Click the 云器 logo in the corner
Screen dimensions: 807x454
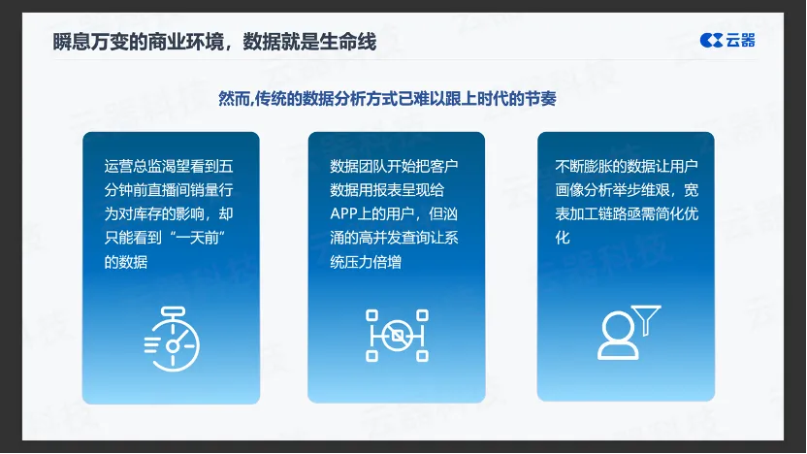pos(727,40)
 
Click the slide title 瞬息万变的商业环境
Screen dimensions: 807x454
pos(139,42)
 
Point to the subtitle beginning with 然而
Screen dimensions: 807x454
pos(387,98)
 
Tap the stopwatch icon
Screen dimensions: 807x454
pos(172,340)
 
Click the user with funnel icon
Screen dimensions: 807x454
pos(629,333)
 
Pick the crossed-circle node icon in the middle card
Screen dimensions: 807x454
pos(397,336)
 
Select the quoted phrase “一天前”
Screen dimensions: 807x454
pos(198,238)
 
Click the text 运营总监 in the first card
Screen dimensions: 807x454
pos(133,166)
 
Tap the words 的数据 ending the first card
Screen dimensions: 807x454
pos(126,262)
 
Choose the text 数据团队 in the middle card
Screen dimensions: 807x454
pos(359,166)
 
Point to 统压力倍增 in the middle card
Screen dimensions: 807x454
pos(366,262)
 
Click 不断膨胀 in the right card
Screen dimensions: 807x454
pos(584,166)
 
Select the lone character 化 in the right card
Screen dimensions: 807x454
pos(563,238)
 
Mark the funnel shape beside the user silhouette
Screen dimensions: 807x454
pos(646,319)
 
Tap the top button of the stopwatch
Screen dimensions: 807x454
pos(173,311)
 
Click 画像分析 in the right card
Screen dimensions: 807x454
pos(584,190)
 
